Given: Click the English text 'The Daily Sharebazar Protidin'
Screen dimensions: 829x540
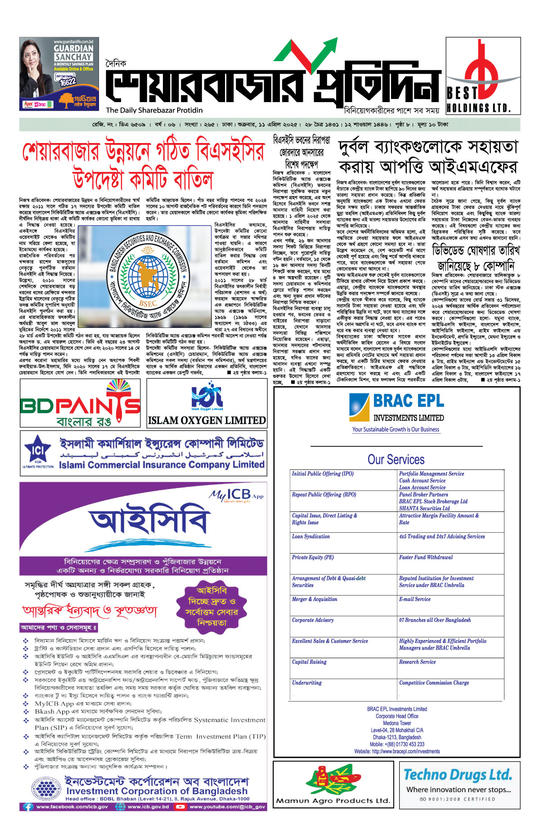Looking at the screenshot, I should (154, 110).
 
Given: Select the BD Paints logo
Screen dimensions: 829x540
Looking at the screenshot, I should (80, 403).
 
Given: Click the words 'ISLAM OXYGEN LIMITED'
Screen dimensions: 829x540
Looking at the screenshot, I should (207, 421).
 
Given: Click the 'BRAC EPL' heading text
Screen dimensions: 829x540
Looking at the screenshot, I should (408, 400).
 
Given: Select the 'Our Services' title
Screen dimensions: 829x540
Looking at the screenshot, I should (396, 459).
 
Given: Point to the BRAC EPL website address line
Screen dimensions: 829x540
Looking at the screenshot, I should (397, 751).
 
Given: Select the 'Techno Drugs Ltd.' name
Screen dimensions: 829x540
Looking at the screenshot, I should (458, 775).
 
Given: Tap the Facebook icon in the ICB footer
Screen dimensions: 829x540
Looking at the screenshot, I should (28, 807).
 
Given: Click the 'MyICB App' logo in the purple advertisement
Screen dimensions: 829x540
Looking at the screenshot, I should (236, 495).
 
